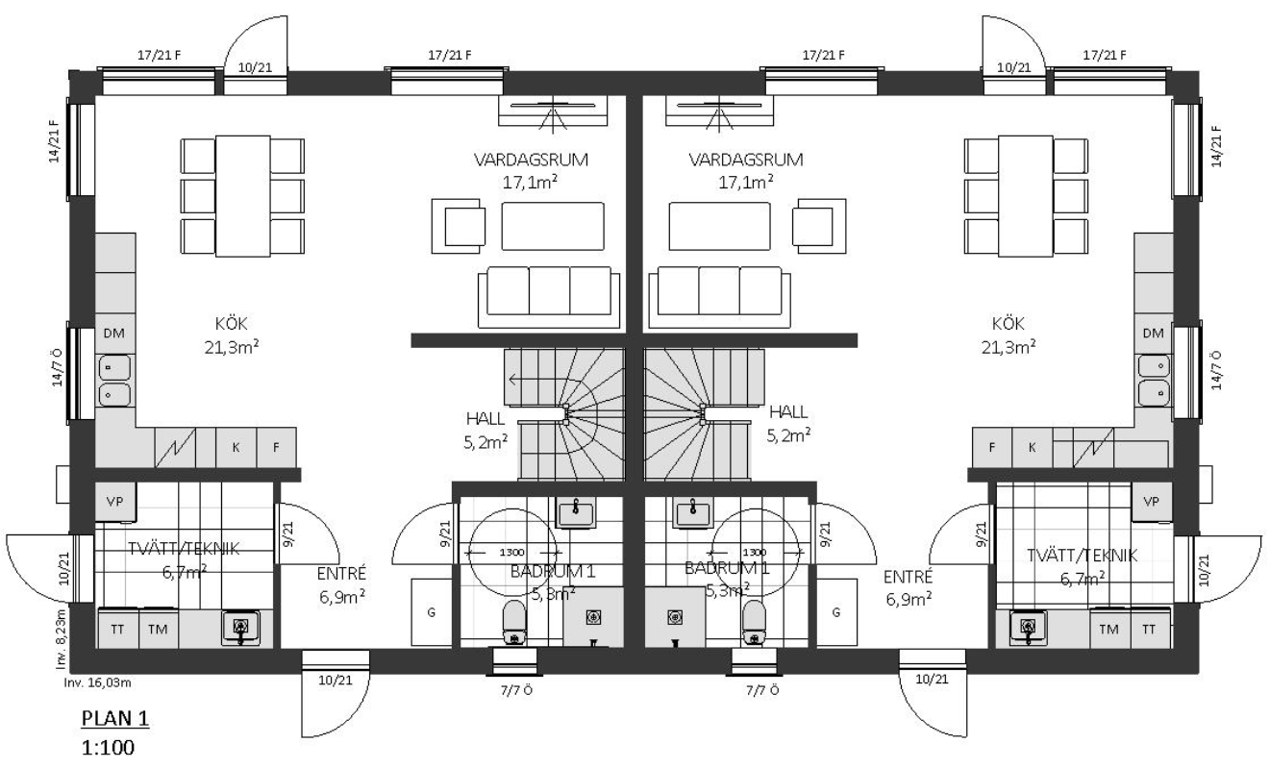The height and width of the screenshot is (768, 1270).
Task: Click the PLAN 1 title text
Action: click(115, 718)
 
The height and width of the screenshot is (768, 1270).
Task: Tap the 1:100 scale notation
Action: click(109, 748)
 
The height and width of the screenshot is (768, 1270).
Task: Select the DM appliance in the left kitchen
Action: click(114, 334)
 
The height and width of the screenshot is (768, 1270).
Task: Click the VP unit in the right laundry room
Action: click(1151, 502)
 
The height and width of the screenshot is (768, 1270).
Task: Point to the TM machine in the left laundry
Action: click(159, 630)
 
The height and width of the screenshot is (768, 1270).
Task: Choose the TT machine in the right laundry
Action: click(1149, 630)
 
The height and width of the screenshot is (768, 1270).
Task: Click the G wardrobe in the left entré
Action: click(432, 612)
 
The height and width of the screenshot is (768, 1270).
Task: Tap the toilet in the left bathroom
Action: click(514, 623)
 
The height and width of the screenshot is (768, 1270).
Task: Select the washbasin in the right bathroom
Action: click(693, 513)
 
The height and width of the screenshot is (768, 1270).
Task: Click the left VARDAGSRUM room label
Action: click(531, 160)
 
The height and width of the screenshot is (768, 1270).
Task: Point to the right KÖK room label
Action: click(1009, 324)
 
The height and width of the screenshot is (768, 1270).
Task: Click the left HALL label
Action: click(485, 419)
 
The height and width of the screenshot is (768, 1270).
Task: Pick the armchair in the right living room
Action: click(819, 226)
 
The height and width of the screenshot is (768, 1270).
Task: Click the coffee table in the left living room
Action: click(553, 226)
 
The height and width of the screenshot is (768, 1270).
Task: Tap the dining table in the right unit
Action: click(1026, 196)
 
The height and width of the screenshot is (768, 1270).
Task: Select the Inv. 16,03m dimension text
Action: click(97, 682)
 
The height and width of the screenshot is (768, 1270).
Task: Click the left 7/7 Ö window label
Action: click(516, 691)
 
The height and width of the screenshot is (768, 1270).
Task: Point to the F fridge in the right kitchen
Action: click(992, 448)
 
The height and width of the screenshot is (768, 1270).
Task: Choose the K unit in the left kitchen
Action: click(236, 448)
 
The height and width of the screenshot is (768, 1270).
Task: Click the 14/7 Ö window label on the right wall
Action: click(1217, 370)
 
